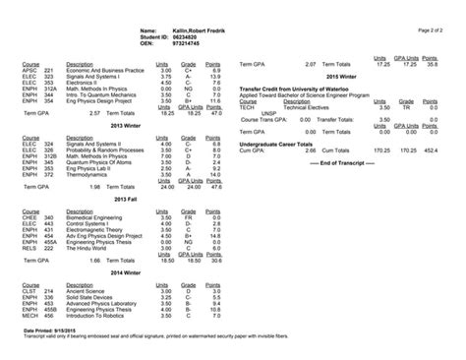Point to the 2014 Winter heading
pos(128,272)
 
